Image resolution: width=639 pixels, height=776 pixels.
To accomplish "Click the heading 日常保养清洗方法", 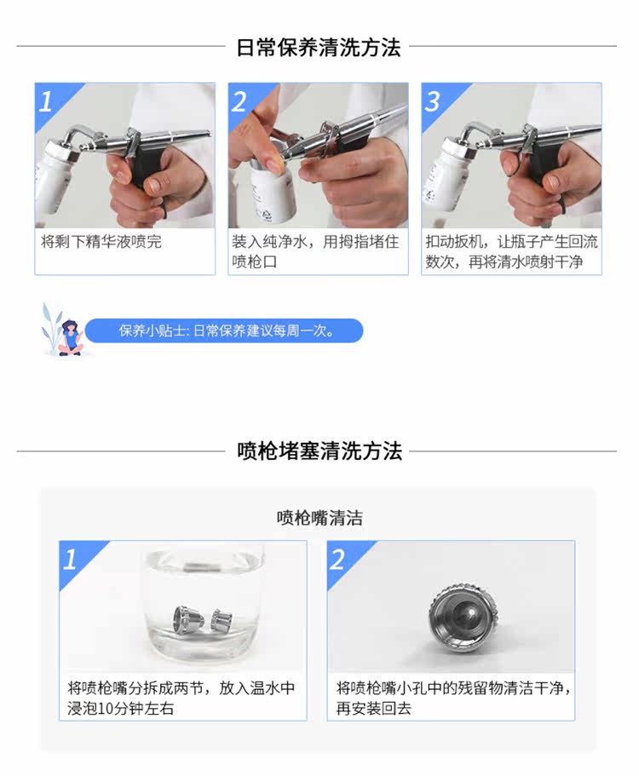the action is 319,48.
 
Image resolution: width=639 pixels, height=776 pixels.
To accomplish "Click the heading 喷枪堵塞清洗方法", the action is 319,451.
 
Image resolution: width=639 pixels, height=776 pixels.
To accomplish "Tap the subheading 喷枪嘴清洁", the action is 319,518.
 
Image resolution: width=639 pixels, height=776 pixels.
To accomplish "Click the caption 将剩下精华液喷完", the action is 101,242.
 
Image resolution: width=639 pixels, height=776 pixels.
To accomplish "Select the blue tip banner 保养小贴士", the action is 224,331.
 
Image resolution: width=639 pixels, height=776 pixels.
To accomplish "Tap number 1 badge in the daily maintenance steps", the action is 46,101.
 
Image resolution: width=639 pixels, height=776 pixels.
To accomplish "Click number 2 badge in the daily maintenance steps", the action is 239,101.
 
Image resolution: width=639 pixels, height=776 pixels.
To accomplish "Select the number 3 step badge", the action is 432,101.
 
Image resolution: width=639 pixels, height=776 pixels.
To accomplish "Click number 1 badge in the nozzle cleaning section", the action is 70,560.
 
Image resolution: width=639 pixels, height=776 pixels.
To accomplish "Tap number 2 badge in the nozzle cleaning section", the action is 337,560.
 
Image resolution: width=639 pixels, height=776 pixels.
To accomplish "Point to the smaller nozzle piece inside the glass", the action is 222,620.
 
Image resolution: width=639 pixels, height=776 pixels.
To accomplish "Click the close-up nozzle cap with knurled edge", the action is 463,616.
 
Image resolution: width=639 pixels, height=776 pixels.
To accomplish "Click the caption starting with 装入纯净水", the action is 315,252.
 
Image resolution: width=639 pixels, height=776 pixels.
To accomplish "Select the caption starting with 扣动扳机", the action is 511,252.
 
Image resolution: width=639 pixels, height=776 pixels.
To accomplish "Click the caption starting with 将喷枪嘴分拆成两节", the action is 181,698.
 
